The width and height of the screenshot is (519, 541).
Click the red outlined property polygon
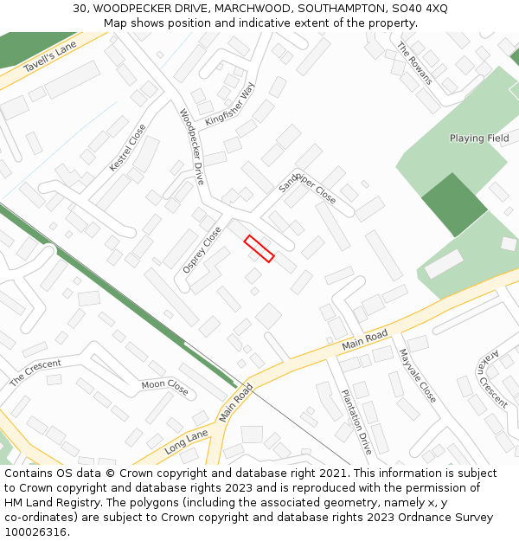[x=259, y=248]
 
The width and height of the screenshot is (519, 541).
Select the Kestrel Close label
[x=128, y=147]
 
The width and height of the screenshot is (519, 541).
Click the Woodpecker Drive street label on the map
[x=192, y=146]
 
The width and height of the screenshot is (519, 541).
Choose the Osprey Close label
[x=202, y=250]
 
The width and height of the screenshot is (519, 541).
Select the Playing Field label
[x=479, y=138]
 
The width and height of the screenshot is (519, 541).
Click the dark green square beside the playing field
[x=454, y=204]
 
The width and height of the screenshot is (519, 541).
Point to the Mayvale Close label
[x=417, y=375]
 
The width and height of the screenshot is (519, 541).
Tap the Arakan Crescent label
[x=493, y=380]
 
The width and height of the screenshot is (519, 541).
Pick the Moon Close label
[x=164, y=387]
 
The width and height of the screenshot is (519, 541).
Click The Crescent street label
[x=35, y=373]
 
